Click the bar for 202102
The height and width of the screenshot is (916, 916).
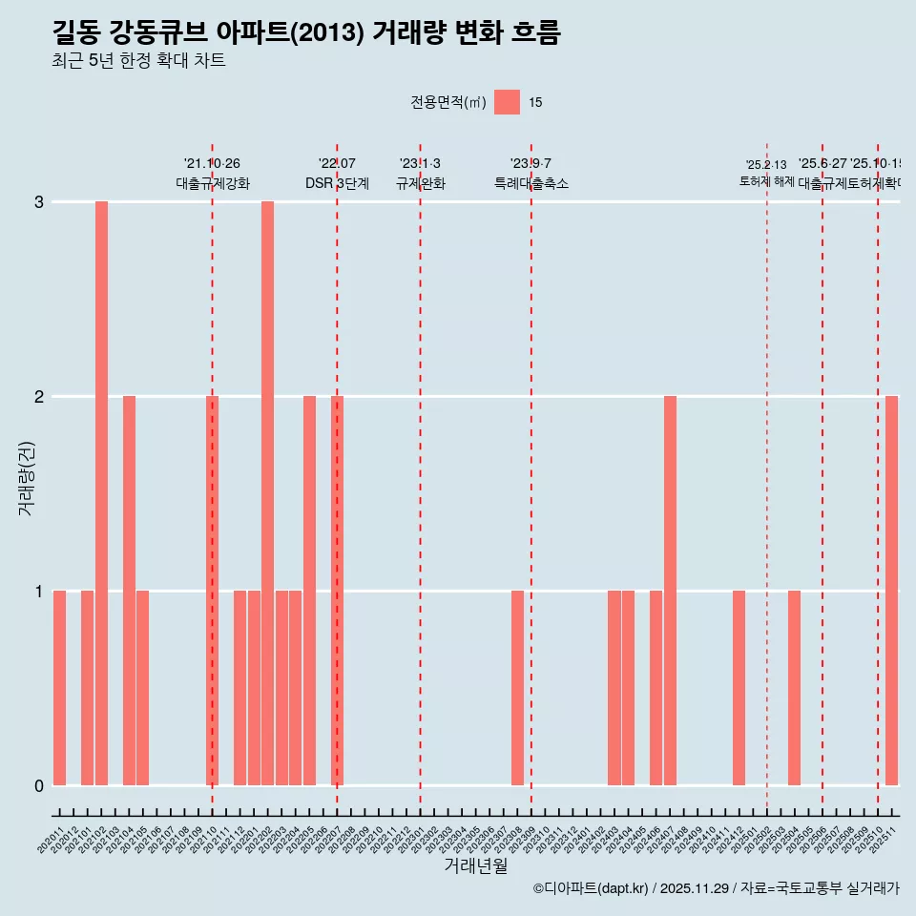[101, 492]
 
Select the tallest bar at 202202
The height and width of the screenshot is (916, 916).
[268, 492]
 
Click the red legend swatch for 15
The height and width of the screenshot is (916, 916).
[508, 102]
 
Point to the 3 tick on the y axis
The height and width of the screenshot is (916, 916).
[39, 201]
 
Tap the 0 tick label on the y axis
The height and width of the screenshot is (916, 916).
[39, 785]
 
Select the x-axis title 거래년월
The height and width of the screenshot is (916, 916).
[475, 865]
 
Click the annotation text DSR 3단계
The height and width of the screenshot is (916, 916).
[337, 183]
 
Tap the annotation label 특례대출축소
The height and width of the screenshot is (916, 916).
[531, 183]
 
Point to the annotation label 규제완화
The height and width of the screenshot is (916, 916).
[420, 183]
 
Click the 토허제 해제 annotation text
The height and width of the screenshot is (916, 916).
[766, 180]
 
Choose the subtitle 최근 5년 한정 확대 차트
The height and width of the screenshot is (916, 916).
[138, 61]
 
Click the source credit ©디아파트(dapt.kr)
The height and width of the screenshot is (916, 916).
[591, 888]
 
